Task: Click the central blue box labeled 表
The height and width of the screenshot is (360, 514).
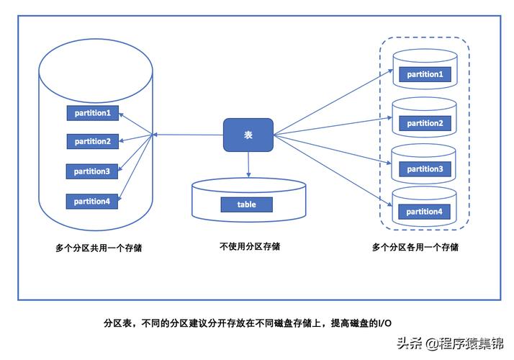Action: coord(248,135)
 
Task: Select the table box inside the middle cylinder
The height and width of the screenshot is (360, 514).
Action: coord(247,204)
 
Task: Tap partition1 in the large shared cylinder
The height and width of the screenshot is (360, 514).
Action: coord(92,113)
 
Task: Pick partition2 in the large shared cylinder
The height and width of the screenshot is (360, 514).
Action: coord(92,141)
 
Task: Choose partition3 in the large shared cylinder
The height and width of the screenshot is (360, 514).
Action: coord(92,171)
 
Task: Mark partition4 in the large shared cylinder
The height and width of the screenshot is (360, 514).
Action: coord(92,202)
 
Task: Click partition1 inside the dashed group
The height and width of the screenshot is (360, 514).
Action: coord(424,74)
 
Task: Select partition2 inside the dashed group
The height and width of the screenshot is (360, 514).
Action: coord(424,123)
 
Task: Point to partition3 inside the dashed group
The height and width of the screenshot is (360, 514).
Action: coord(424,169)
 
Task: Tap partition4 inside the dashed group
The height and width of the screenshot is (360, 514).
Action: coord(424,212)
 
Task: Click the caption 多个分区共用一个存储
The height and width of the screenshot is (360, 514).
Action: coord(99,248)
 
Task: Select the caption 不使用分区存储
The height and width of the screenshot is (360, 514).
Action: coord(250,246)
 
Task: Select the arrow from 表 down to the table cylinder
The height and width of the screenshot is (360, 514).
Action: coord(248,164)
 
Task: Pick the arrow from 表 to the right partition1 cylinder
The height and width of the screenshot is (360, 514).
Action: coord(331,103)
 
